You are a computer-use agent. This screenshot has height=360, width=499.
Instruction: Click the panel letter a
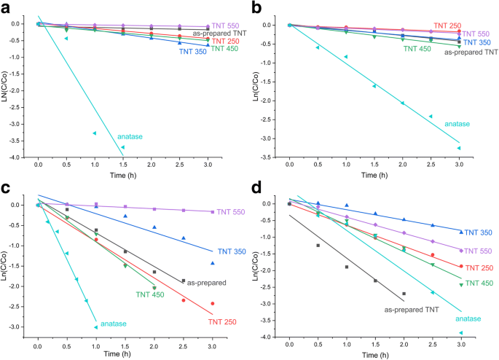point(7,8)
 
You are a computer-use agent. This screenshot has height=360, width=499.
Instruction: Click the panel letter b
point(256,8)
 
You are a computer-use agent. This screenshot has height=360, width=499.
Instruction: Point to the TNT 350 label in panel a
point(191,52)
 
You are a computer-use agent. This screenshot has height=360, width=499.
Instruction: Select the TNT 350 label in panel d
point(479,232)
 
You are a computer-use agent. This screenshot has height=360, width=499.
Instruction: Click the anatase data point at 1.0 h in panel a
point(95,133)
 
